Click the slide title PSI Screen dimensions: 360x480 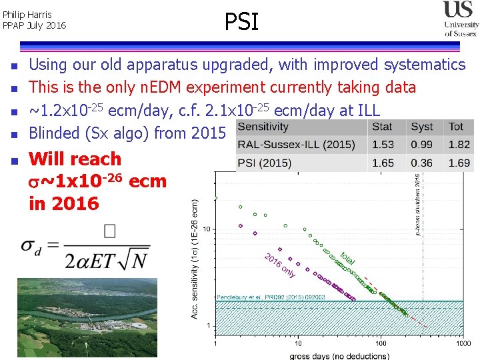click(241, 22)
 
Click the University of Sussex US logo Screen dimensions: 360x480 click(461, 19)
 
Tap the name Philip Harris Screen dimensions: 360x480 click(27, 14)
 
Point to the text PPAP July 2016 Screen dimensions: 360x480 click(35, 25)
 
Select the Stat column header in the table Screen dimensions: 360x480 click(382, 126)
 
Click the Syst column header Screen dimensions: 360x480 click(421, 126)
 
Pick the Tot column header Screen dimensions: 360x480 click(456, 126)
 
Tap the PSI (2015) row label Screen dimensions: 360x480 click(266, 163)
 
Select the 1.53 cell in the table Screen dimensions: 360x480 click(383, 145)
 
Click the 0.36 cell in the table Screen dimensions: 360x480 click(422, 163)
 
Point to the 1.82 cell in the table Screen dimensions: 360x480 click(459, 145)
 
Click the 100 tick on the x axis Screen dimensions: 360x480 click(380, 343)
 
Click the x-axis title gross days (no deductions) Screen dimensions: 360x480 click(338, 355)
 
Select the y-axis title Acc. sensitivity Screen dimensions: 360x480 click(195, 257)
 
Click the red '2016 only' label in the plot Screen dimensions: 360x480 click(280, 265)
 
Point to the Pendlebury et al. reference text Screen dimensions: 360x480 click(271, 297)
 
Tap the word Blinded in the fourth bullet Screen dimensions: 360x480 click(55, 133)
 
